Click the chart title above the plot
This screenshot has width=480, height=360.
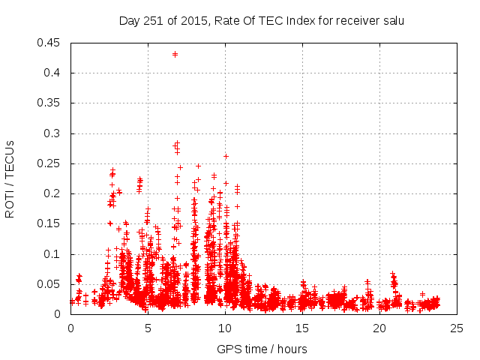tap(262, 21)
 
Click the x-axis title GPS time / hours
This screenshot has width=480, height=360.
tap(262, 349)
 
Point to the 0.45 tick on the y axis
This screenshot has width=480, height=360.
tap(50, 43)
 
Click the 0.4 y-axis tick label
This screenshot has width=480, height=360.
tap(53, 73)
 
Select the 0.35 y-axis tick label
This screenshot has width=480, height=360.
tap(50, 103)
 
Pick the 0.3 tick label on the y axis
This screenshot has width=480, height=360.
tap(53, 133)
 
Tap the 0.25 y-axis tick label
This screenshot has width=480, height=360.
tap(50, 163)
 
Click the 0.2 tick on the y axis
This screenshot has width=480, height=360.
tap(53, 193)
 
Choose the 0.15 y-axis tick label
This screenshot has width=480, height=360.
tap(50, 223)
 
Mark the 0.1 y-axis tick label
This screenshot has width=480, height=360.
tap(53, 254)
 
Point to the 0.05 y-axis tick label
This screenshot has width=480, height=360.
tap(50, 284)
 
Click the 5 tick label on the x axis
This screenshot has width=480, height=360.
tap(148, 328)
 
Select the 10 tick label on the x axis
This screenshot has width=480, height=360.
tap(225, 328)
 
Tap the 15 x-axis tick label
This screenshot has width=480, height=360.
tap(302, 328)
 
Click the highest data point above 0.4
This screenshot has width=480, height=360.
tap(175, 54)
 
